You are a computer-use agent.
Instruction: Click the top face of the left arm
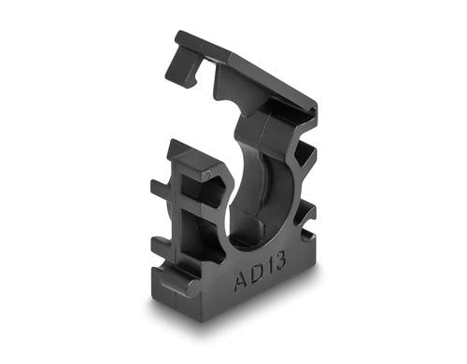click(x=191, y=156)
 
